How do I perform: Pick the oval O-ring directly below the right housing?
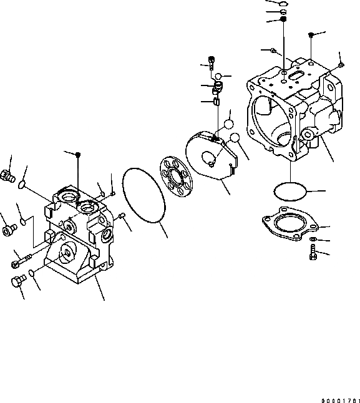coord(289,190)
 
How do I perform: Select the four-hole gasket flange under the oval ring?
coord(289,225)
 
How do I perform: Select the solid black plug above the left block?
coord(77,155)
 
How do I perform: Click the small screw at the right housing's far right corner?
coord(341,64)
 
